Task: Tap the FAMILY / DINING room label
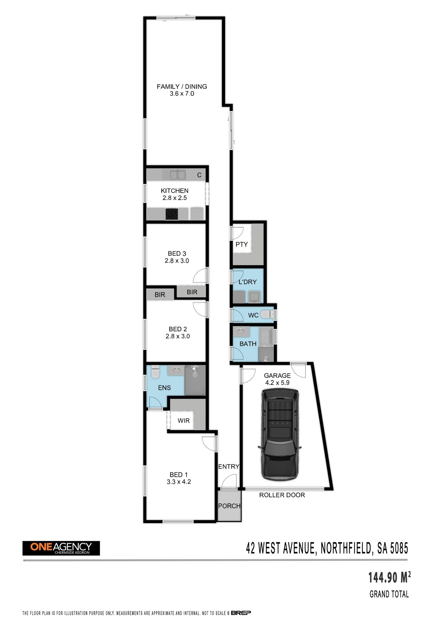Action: (x=182, y=86)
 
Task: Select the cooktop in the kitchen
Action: (x=172, y=214)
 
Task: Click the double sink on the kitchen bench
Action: (x=178, y=175)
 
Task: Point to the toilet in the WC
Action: (x=267, y=314)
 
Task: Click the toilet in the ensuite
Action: (x=155, y=372)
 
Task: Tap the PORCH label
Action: (x=229, y=506)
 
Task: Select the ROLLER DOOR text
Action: (x=282, y=495)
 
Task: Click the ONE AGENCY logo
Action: (x=61, y=548)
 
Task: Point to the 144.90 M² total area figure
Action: (x=389, y=577)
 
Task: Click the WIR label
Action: (x=183, y=421)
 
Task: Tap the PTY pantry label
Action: (x=242, y=244)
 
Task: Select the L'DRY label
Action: (x=247, y=282)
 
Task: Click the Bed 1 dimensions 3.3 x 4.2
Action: (x=179, y=482)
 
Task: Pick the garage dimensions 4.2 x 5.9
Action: (x=277, y=383)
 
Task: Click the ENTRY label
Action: (x=229, y=467)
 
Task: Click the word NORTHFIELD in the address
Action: (x=346, y=548)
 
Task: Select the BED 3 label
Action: (x=177, y=253)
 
